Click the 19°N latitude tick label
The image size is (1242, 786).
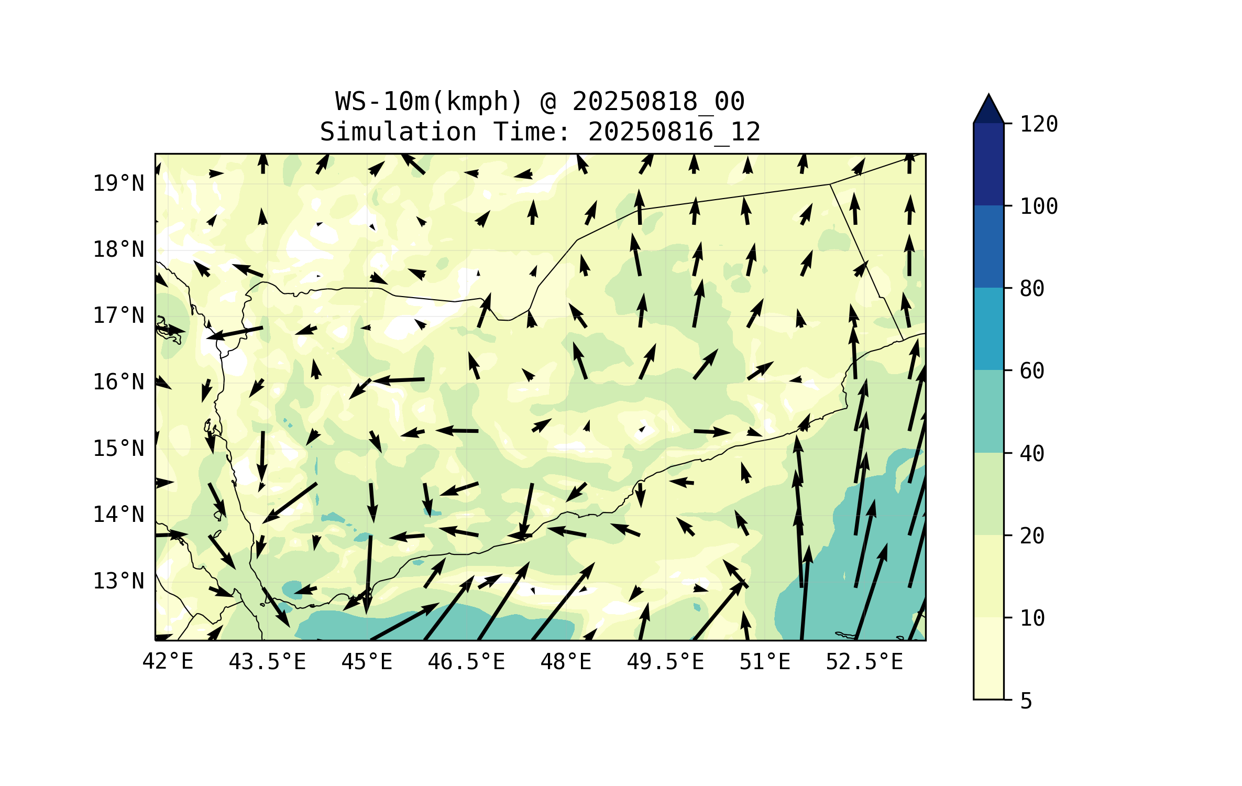coord(118,183)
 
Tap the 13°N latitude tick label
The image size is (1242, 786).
coord(118,581)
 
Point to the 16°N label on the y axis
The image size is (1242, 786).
coord(118,382)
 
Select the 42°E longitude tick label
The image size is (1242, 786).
coord(168,662)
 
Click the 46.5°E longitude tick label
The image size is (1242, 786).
coord(466,662)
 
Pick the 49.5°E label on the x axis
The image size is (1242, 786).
coord(665,662)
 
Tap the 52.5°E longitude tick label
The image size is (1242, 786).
coord(864,662)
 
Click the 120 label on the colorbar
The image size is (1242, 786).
coord(1039,124)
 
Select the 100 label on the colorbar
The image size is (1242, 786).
coord(1039,206)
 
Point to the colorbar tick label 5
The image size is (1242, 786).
coord(1026,701)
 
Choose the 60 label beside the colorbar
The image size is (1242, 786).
coord(1032,371)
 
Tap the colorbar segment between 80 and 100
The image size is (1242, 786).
coord(988,246)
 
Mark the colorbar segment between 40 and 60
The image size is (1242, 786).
coord(988,411)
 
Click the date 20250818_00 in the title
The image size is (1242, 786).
coord(658,102)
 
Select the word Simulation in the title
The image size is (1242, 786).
coord(398,132)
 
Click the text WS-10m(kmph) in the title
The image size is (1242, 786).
coord(429,102)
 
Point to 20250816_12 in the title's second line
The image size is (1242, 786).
coord(674,132)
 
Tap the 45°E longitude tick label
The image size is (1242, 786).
coord(367,662)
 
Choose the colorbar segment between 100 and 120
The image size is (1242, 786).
coord(988,164)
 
